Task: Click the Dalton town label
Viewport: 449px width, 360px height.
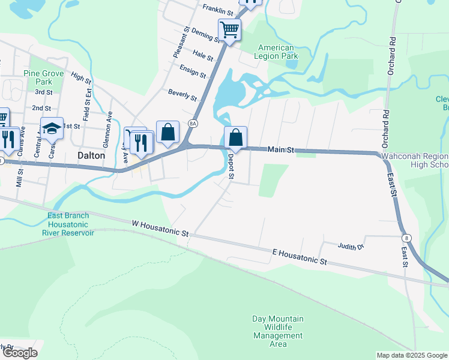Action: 91,155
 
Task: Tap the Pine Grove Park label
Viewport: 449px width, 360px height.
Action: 44,77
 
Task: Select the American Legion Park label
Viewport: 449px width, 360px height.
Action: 276,52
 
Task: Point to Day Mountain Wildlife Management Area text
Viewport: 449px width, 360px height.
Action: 277,331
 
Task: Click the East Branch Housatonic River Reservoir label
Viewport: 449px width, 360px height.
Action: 68,224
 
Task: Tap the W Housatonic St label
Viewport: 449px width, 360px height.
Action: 160,227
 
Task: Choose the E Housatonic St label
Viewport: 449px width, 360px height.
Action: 299,257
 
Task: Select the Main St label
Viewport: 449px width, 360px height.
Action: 280,149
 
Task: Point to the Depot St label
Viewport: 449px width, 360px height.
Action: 231,167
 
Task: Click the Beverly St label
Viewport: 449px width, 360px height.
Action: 182,94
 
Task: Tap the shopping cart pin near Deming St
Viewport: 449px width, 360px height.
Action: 229,29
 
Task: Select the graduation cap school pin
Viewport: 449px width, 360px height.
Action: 52,128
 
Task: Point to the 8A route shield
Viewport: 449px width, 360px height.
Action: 192,124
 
